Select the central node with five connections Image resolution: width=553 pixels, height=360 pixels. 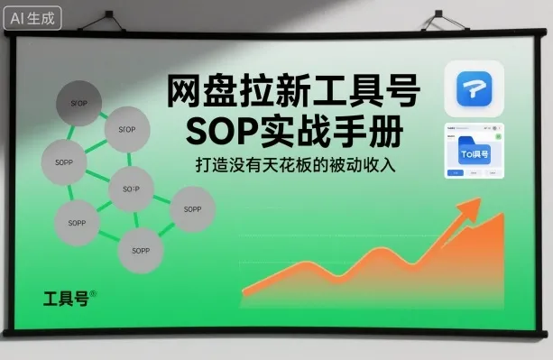[x=131, y=189]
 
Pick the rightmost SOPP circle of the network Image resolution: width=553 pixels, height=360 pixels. [x=192, y=209]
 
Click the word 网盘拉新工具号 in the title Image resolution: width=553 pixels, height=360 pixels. [x=292, y=91]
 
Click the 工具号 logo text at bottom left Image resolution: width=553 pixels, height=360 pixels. [x=65, y=298]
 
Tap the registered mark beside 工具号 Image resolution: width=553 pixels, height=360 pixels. [x=93, y=291]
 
